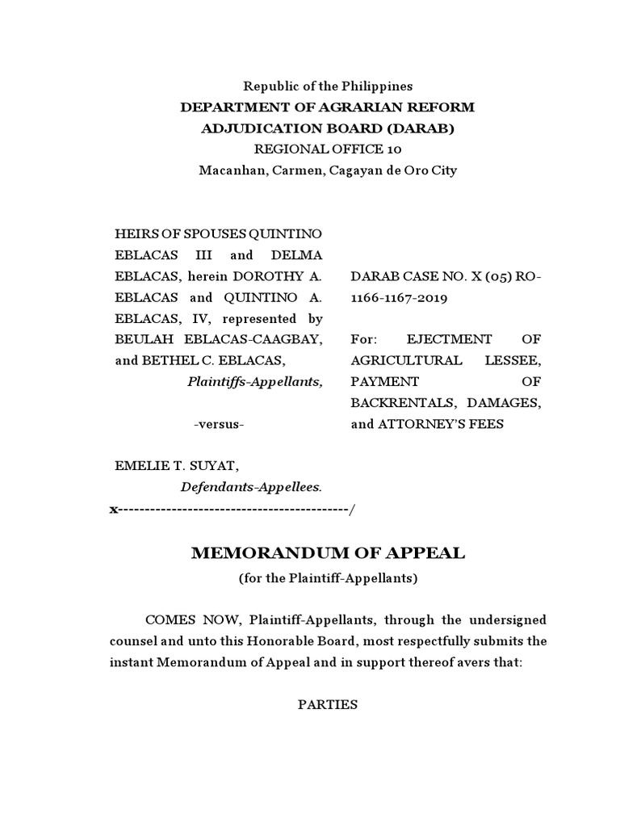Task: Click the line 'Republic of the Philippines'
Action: coord(328,86)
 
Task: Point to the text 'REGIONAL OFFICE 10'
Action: coord(328,149)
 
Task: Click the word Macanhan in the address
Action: coord(228,170)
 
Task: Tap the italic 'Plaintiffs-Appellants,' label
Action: coord(254,381)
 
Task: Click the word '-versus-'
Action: coord(219,424)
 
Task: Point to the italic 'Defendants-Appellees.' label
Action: coord(251,487)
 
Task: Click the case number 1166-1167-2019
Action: coord(396,297)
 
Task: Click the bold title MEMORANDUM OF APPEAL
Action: coord(328,553)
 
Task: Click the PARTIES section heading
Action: coord(327,704)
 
